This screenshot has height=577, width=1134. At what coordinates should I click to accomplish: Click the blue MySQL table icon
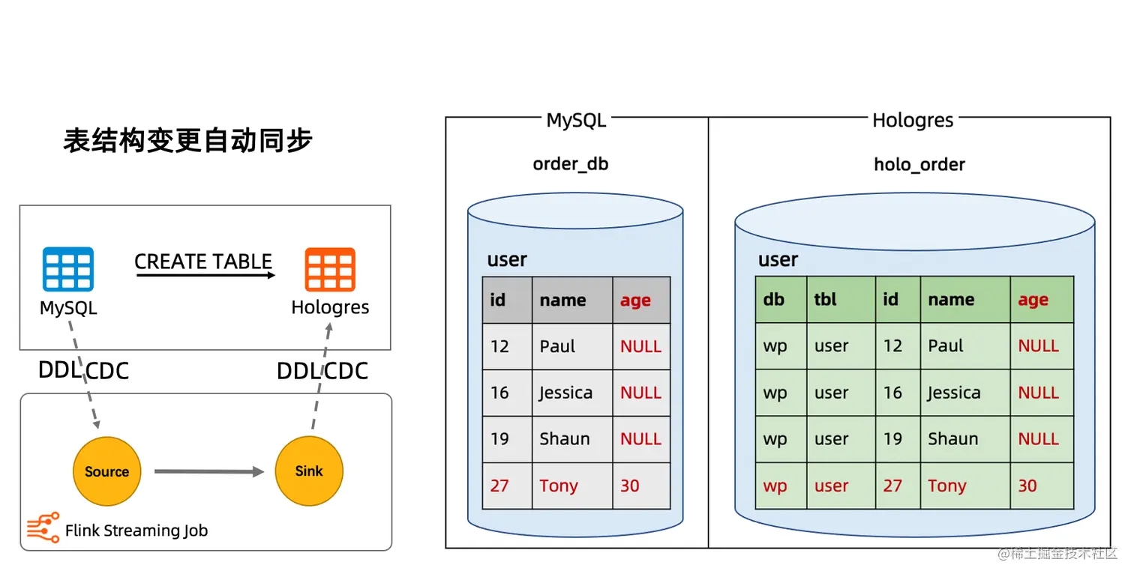click(x=67, y=269)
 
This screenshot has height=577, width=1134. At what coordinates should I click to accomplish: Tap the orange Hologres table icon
click(x=330, y=270)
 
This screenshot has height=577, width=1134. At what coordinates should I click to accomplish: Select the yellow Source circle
click(x=106, y=471)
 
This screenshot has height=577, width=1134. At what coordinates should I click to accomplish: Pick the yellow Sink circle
click(x=309, y=471)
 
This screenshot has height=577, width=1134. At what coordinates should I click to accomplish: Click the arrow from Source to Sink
click(x=209, y=471)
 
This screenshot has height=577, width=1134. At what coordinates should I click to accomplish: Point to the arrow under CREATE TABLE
click(x=205, y=275)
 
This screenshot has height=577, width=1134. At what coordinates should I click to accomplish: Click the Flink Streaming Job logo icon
click(x=43, y=528)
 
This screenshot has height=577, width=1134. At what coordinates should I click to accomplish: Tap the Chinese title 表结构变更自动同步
click(x=187, y=140)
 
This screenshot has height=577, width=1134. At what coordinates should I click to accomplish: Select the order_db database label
click(x=571, y=164)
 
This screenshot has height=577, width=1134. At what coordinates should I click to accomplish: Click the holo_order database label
click(x=919, y=164)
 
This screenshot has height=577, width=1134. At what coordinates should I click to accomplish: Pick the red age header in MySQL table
click(x=635, y=300)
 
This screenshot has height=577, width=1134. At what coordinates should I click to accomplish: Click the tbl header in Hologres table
click(x=825, y=300)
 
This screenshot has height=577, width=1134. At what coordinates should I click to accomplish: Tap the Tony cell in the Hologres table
click(x=946, y=486)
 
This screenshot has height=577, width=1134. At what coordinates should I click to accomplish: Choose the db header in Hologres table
click(x=773, y=300)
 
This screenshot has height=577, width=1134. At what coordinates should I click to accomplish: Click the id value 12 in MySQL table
click(x=499, y=346)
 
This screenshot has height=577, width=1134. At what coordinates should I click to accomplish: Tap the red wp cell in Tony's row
click(x=775, y=486)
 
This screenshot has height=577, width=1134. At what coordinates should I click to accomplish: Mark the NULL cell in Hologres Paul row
click(x=1038, y=346)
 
